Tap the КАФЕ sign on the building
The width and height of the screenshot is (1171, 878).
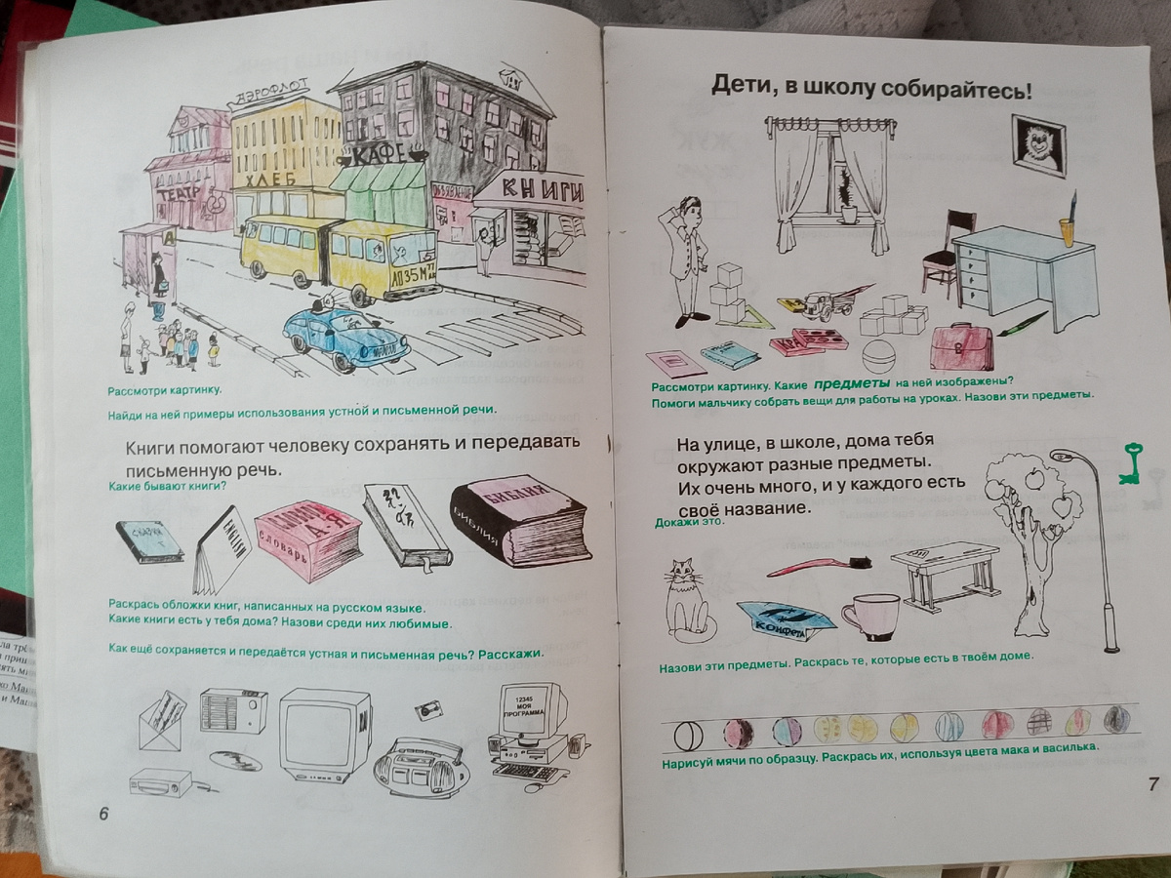coord(379,155)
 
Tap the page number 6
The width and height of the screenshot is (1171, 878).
coord(103,815)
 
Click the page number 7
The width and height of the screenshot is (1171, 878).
coord(1151,782)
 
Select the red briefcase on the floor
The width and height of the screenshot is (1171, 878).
coord(960,345)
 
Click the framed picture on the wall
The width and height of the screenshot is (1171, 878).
coord(1038,143)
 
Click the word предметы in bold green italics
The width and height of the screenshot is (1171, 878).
coord(848,382)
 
